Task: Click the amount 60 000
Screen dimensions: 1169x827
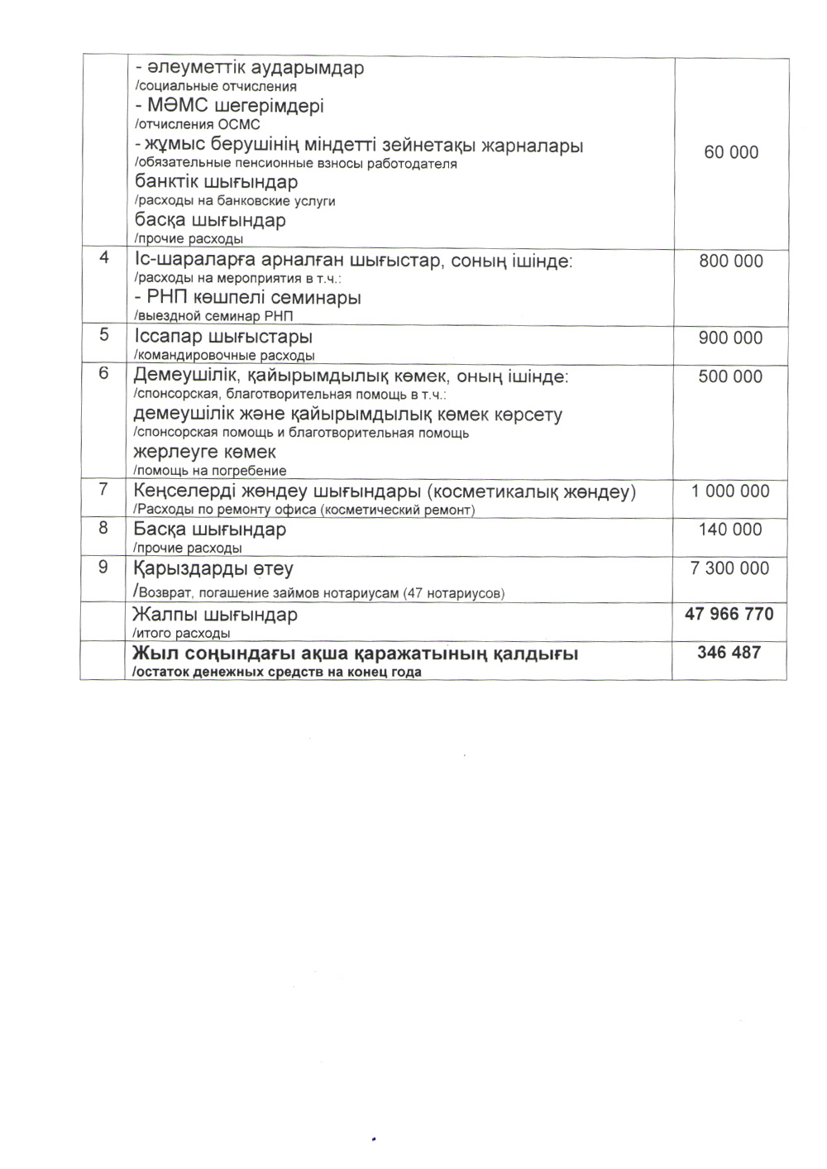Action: tap(731, 152)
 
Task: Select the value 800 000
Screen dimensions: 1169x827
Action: tap(731, 261)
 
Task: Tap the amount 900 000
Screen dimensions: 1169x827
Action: tap(731, 338)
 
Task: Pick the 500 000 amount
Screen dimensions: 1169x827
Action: tap(731, 376)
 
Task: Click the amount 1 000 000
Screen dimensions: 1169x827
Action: tap(731, 491)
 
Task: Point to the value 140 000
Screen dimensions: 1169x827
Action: tap(730, 529)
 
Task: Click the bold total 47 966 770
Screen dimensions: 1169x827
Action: tap(729, 614)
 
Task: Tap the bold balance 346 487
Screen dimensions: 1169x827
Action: tap(729, 653)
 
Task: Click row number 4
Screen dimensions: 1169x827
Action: tap(104, 258)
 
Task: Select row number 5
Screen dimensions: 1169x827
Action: tap(104, 335)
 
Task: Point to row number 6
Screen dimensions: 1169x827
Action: tap(103, 373)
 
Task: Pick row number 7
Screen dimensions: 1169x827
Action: tap(103, 489)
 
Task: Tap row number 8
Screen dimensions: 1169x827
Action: tap(103, 528)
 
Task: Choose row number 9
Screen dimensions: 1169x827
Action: tap(103, 567)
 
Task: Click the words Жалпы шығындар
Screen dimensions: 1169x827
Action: tap(215, 616)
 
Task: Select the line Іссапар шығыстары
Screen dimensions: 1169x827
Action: tap(223, 338)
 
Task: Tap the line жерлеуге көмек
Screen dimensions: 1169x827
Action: tap(204, 453)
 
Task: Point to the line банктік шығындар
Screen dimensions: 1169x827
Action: tap(216, 182)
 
